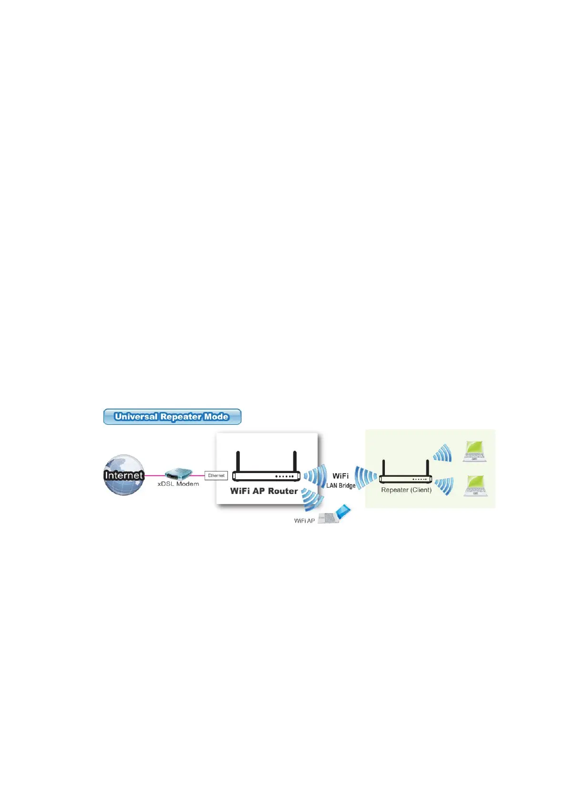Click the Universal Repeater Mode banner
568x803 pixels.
(x=172, y=417)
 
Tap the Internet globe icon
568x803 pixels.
(x=124, y=475)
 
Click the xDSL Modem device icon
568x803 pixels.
(x=178, y=474)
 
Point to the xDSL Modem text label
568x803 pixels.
(x=178, y=484)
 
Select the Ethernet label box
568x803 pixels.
(x=216, y=475)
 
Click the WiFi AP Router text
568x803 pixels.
(x=264, y=491)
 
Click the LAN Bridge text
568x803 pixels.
(x=341, y=485)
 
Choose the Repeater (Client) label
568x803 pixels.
(x=406, y=490)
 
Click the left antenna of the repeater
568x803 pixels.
(x=383, y=467)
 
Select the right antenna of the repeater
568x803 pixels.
(x=427, y=467)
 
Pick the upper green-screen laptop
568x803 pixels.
(x=475, y=451)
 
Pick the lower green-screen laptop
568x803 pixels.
(x=475, y=485)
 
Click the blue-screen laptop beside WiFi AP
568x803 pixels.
(x=337, y=515)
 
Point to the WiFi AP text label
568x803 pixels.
(x=304, y=521)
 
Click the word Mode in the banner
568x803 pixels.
(x=216, y=417)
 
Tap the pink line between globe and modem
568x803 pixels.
(x=154, y=475)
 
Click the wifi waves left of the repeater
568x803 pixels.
(x=366, y=477)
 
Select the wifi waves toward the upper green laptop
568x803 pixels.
(x=442, y=453)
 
